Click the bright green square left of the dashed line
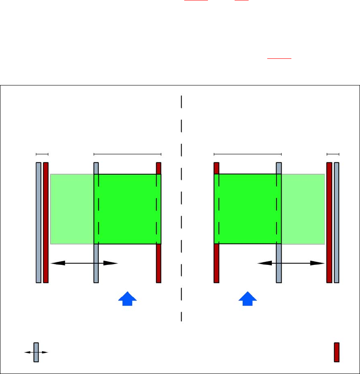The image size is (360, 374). (127, 209)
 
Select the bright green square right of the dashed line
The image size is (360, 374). (248, 209)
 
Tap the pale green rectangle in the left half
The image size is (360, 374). (72, 209)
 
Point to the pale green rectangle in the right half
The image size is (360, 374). (303, 209)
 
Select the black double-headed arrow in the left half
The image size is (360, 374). (84, 263)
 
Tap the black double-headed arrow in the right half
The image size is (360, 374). (291, 263)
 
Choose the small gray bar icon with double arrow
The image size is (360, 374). (36, 352)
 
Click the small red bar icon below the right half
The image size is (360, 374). (337, 352)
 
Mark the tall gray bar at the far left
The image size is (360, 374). (39, 222)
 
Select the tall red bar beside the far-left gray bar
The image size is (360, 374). (46, 222)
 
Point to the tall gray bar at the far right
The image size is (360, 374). (337, 222)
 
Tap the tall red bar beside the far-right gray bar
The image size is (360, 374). (329, 222)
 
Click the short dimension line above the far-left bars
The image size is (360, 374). (42, 154)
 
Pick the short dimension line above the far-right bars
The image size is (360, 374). (333, 154)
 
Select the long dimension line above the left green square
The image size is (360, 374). (127, 154)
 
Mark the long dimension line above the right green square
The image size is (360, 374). (248, 154)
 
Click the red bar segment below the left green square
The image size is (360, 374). (159, 263)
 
